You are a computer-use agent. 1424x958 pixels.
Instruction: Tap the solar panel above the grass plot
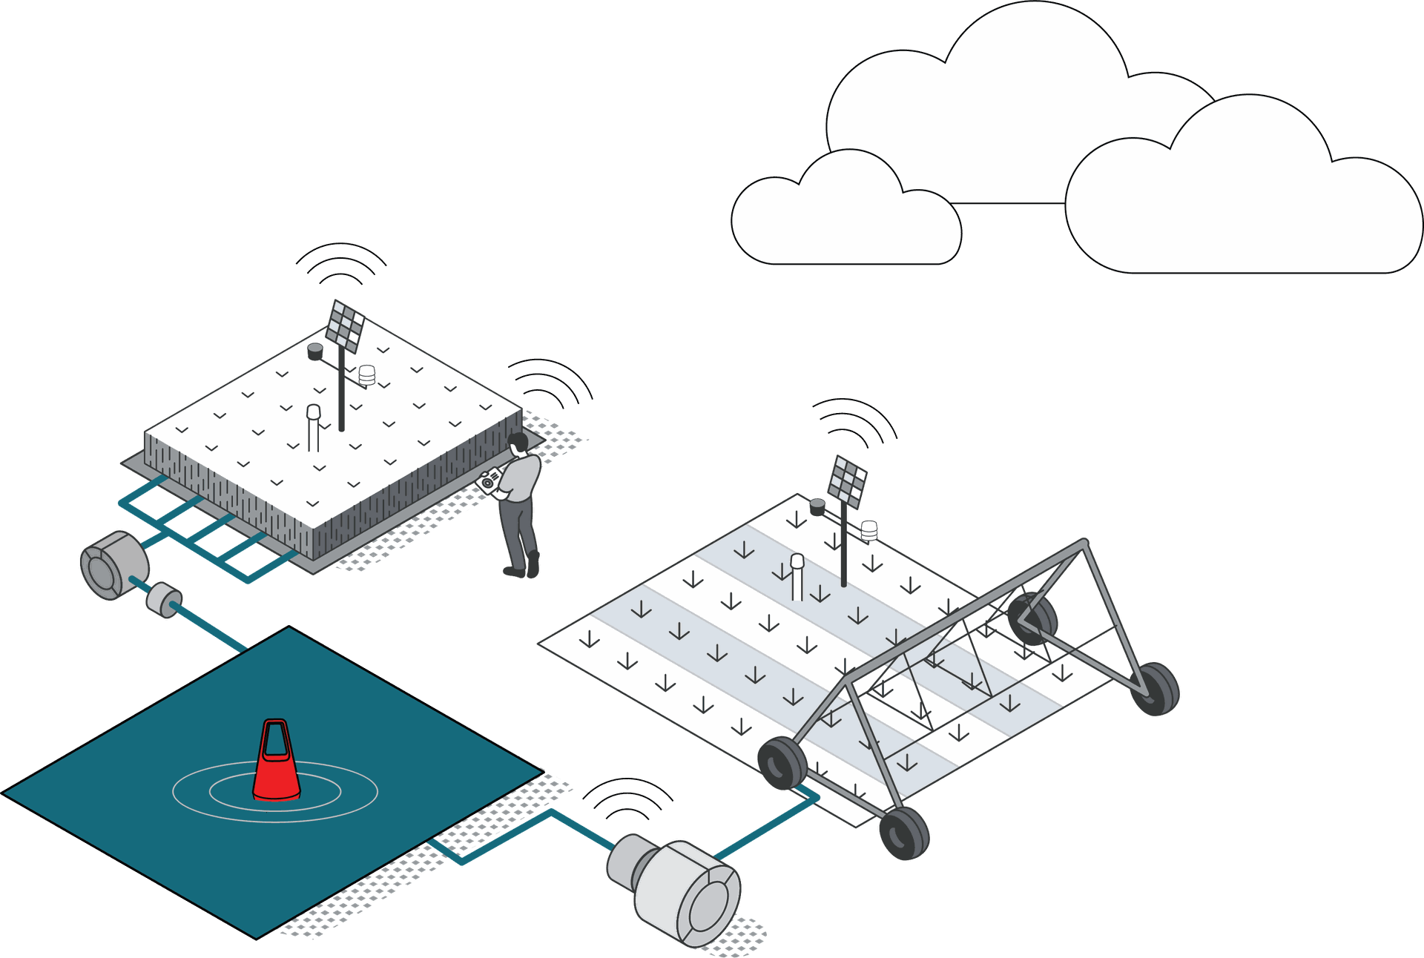[x=346, y=326]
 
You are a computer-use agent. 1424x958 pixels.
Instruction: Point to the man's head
[x=518, y=443]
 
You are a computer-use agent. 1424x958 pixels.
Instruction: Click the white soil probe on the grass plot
[x=314, y=426]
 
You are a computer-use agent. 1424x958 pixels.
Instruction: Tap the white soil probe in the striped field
[x=797, y=575]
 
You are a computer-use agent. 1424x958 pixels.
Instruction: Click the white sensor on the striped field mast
[x=868, y=529]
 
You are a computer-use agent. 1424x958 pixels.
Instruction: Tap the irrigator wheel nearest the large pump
[x=782, y=763]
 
